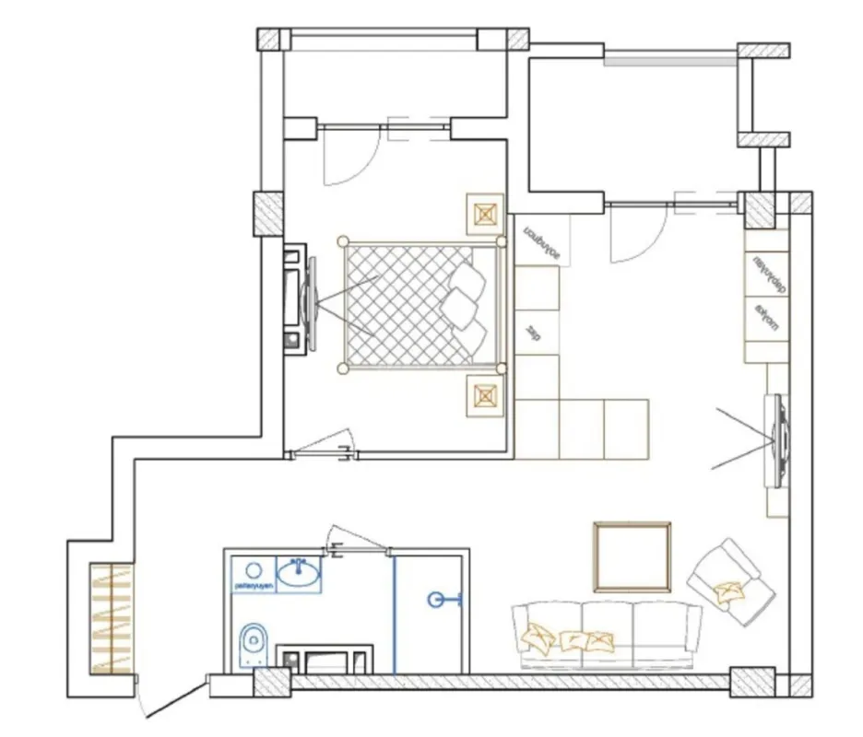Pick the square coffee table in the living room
632,556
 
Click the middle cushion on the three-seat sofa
574,639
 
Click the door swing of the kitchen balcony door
636,235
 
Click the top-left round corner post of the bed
343,241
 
